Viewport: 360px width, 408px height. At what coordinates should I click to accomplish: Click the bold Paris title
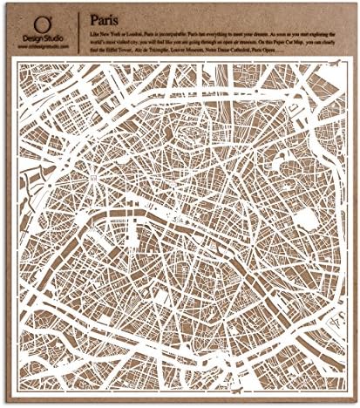[105, 16]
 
